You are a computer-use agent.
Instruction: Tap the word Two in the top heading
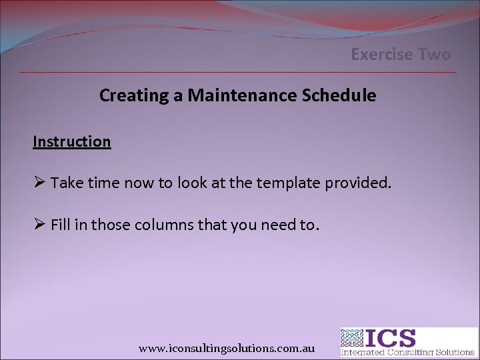point(435,55)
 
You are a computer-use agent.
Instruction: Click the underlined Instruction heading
point(72,141)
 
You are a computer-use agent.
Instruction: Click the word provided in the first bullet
point(358,183)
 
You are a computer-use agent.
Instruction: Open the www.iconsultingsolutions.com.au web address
point(227,349)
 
